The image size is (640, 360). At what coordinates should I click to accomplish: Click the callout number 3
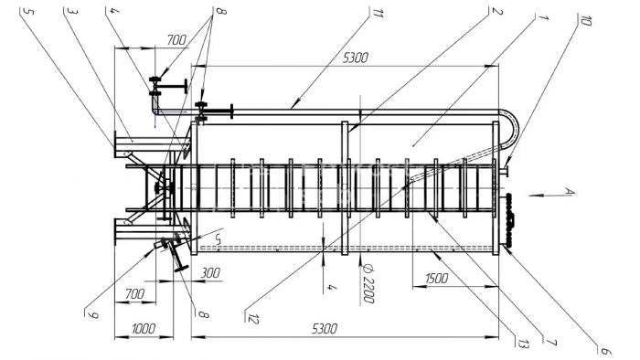(x=72, y=11)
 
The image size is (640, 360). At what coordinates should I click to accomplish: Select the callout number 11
(x=378, y=13)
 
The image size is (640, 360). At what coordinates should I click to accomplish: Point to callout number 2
(x=496, y=11)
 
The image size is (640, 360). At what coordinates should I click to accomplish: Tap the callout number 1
(x=543, y=17)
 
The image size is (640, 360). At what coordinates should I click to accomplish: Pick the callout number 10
(x=585, y=20)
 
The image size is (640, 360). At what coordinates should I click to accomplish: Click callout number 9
(x=93, y=314)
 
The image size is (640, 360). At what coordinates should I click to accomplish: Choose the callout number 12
(x=253, y=319)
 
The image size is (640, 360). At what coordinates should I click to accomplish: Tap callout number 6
(x=605, y=351)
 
